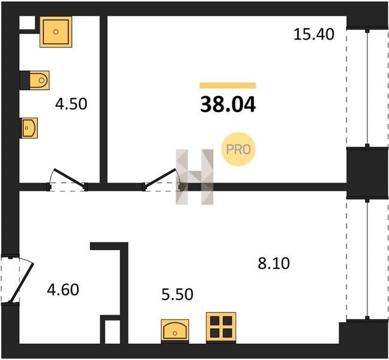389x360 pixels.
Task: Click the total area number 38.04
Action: click(228, 105)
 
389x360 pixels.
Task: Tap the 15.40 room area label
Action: click(314, 34)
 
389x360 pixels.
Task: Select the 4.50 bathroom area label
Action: click(71, 104)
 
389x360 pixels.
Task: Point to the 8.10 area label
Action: click(274, 263)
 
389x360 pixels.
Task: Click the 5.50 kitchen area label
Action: click(177, 295)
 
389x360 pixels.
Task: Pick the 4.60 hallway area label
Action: click(63, 290)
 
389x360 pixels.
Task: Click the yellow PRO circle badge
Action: click(238, 149)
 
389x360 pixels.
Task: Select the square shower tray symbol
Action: click(56, 32)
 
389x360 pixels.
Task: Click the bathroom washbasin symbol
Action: click(29, 128)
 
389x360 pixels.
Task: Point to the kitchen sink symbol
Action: click(175, 330)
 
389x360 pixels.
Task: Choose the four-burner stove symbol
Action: click(221, 327)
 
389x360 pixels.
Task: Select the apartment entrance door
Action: click(17, 280)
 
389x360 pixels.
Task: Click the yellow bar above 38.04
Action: click(228, 85)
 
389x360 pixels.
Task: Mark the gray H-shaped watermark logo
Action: click(194, 177)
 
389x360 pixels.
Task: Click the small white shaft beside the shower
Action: click(28, 23)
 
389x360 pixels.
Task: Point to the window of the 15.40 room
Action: click(367, 88)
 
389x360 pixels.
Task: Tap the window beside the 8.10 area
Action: click(367, 259)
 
